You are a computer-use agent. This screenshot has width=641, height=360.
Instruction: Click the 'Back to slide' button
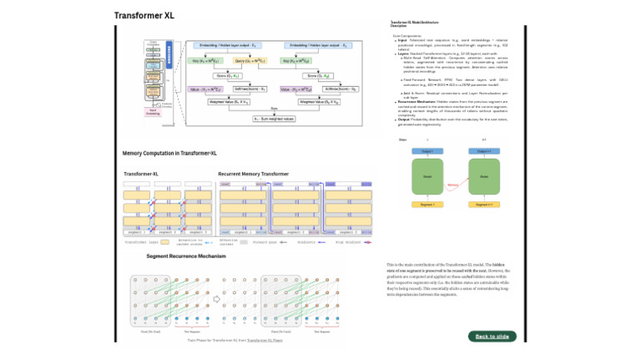tap(492, 336)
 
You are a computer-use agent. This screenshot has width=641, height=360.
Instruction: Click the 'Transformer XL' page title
tap(144, 15)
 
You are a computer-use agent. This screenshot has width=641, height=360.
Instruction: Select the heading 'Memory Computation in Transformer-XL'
tap(169, 154)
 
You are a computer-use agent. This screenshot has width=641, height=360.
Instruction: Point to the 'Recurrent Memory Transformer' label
tap(254, 174)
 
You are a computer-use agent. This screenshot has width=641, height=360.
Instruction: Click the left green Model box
tap(427, 177)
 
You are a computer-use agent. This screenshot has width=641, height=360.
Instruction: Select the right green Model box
tap(484, 177)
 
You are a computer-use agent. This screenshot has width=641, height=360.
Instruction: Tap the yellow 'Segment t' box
tap(427, 204)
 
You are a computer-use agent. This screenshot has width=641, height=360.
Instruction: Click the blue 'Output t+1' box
tap(484, 150)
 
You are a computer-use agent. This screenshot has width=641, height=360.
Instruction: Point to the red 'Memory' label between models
tap(454, 184)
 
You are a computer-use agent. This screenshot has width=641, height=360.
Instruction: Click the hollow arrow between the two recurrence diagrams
tap(215, 297)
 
